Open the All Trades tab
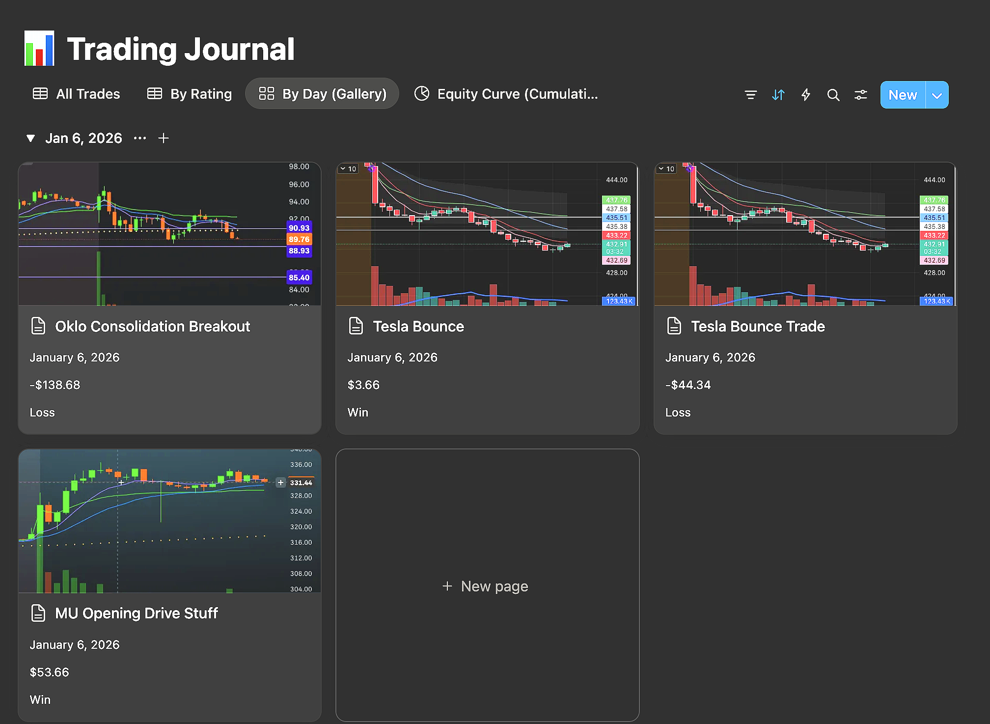click(x=77, y=94)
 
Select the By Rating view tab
click(x=190, y=94)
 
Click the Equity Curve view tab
click(x=506, y=94)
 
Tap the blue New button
click(x=903, y=95)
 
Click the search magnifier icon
click(x=833, y=95)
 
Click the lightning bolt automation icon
click(x=805, y=95)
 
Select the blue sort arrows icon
click(x=778, y=95)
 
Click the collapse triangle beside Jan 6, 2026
click(x=30, y=139)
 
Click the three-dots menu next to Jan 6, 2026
click(x=140, y=139)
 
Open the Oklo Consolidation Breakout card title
click(x=152, y=327)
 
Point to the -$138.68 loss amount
click(x=55, y=385)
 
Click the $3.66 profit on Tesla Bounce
click(x=363, y=385)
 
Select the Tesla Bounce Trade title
click(x=758, y=327)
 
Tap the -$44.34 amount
click(x=687, y=385)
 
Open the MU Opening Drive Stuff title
click(x=136, y=613)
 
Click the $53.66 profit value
click(x=50, y=672)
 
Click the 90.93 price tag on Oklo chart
click(x=299, y=228)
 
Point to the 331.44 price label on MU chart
click(x=301, y=483)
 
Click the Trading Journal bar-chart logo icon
click(x=39, y=49)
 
